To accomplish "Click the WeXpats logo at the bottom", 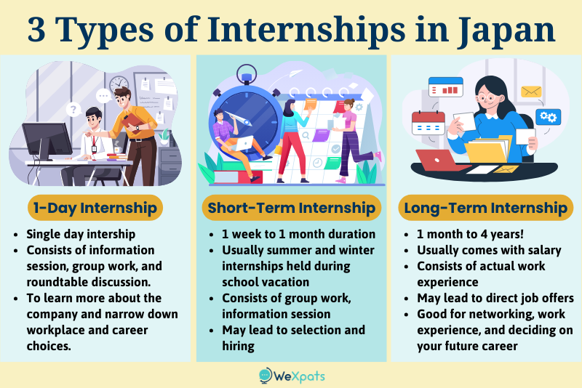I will point(292,375).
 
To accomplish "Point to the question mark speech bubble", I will point(72,110).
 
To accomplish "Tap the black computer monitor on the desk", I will point(46,139).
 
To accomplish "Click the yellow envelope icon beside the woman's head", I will point(530,92).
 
